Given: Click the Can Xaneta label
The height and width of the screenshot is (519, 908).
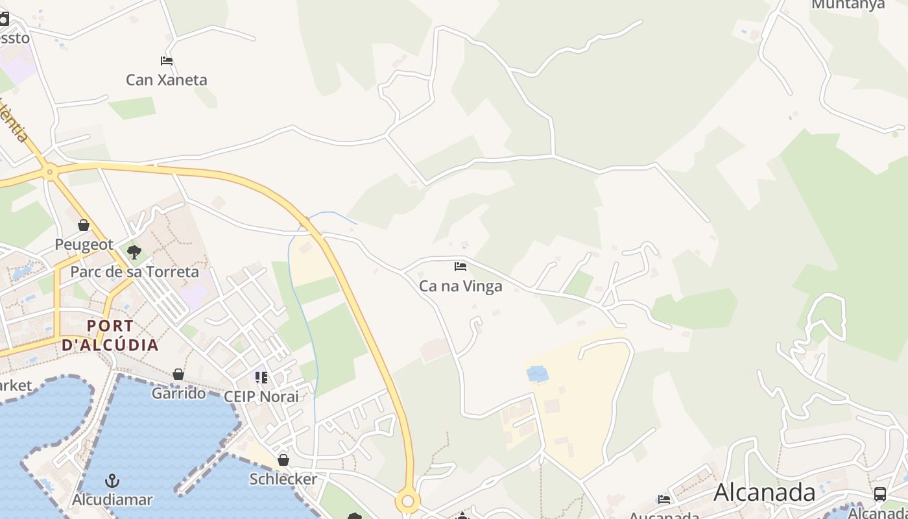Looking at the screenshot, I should click(167, 80).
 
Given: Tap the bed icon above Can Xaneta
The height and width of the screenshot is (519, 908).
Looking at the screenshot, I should click(167, 61).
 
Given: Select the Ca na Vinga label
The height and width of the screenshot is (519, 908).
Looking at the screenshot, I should click(460, 285).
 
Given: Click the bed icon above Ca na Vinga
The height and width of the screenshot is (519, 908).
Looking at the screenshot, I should click(460, 266).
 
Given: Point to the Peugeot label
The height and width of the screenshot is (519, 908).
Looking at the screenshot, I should click(84, 245).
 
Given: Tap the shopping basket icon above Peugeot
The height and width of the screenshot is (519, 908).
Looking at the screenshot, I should click(84, 225).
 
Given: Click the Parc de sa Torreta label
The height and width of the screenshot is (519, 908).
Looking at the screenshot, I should click(134, 271).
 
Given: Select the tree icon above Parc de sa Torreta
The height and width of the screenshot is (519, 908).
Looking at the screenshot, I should click(134, 252).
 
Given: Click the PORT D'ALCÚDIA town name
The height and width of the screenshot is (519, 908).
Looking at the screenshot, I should click(110, 335).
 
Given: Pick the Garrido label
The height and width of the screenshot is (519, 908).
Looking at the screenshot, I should click(178, 393).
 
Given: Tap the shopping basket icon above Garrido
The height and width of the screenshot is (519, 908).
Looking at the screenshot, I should click(178, 374).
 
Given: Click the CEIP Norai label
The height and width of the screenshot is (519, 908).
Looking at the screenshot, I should click(261, 396).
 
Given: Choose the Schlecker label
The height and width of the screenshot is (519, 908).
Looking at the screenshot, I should click(283, 479).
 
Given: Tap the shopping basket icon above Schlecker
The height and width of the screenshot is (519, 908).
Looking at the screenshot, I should click(283, 460).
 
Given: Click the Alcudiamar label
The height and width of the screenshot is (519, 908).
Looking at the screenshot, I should click(112, 500).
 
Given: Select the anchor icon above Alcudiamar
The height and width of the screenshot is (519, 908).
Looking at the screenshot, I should click(112, 481).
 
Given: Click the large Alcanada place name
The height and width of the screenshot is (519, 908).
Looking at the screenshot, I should click(765, 492).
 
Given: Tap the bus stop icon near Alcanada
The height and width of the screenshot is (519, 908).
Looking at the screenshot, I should click(880, 494).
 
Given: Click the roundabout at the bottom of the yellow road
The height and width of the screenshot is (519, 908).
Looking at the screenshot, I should click(408, 501).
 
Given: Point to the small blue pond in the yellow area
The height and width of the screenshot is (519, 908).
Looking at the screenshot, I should click(537, 374).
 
